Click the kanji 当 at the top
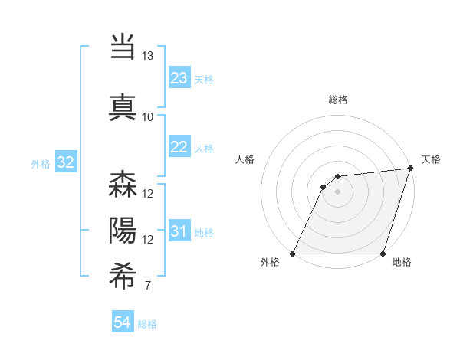(x=123, y=47)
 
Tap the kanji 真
(x=123, y=106)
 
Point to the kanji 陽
(x=123, y=230)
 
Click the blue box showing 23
(x=179, y=78)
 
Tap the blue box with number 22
(x=179, y=148)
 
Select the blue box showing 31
(x=179, y=232)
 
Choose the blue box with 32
(x=65, y=162)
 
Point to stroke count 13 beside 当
(x=147, y=56)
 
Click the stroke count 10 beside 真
(x=147, y=116)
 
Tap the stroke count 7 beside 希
(x=147, y=286)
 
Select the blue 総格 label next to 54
(x=147, y=324)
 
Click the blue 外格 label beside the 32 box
(x=40, y=163)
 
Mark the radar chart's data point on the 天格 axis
(x=411, y=169)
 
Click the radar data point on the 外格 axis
(x=293, y=254)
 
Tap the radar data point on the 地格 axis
(x=383, y=254)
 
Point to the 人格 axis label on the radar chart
(x=245, y=159)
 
